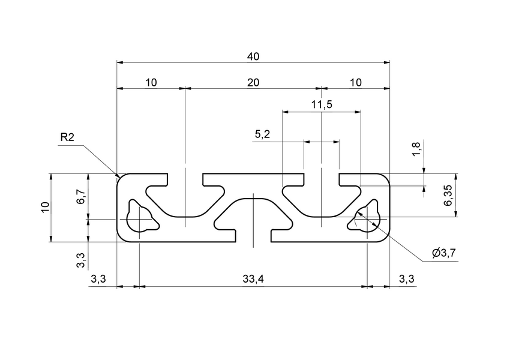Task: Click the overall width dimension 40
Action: click(x=253, y=56)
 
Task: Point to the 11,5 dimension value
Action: click(x=322, y=105)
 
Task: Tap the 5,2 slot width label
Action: click(x=262, y=135)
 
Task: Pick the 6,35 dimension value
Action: click(x=448, y=195)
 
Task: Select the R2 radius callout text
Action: click(x=67, y=138)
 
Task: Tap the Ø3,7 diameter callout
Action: click(x=445, y=253)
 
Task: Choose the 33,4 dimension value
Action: click(x=253, y=279)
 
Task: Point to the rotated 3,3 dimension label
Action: click(x=81, y=261)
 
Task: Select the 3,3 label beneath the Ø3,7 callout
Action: click(x=406, y=279)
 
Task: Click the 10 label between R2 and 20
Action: click(x=151, y=83)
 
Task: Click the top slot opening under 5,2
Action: click(x=322, y=179)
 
